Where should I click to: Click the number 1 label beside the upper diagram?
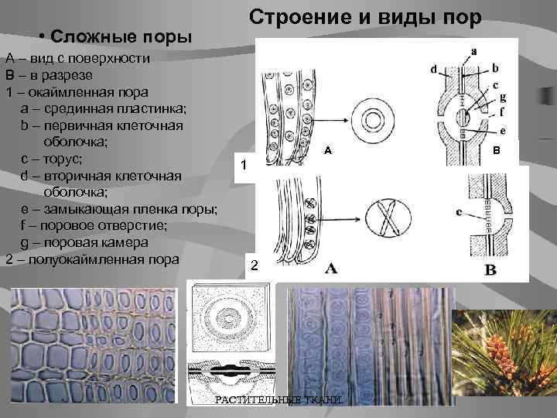[x=244, y=166]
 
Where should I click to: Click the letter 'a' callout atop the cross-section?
[x=473, y=51]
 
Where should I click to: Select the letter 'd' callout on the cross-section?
[x=433, y=70]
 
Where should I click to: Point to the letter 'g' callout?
[x=504, y=97]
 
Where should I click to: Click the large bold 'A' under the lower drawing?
[x=330, y=269]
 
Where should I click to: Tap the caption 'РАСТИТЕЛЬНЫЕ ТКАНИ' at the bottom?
[x=277, y=399]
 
